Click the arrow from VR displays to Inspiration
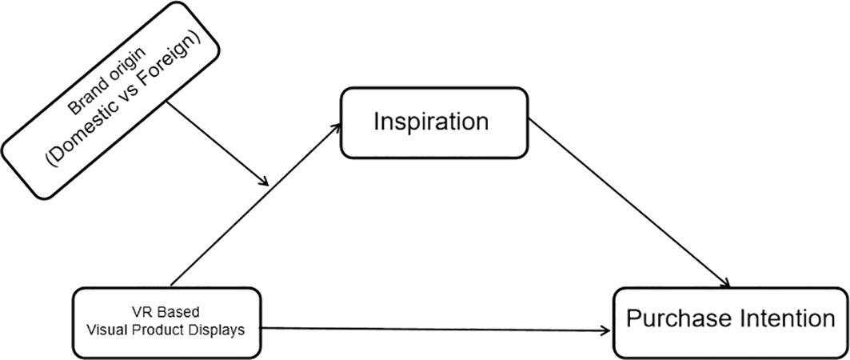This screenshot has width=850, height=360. [x=256, y=203]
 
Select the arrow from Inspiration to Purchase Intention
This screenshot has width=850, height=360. [x=632, y=206]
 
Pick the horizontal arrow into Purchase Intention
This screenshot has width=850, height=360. [x=432, y=329]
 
